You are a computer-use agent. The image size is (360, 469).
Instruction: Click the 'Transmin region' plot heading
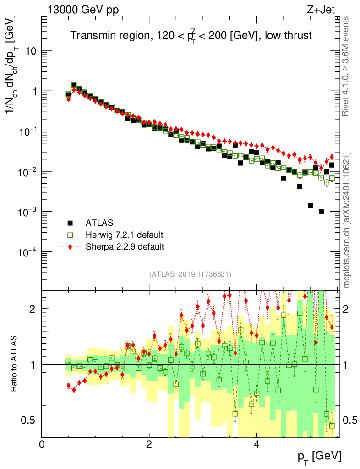pyautogui.click(x=191, y=36)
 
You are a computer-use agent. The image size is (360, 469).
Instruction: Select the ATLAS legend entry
pyautogui.click(x=97, y=224)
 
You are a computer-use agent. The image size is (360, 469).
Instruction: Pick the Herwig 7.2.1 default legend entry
pyautogui.click(x=124, y=235)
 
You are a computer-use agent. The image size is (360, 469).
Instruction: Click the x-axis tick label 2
pyautogui.click(x=149, y=445)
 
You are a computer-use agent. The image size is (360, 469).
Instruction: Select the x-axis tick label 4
pyautogui.click(x=256, y=445)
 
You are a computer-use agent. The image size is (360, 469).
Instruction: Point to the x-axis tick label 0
pyautogui.click(x=42, y=445)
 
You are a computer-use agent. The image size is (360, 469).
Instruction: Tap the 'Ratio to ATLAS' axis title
pyautogui.click(x=14, y=364)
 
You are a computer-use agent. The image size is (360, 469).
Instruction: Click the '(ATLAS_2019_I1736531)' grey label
pyautogui.click(x=190, y=274)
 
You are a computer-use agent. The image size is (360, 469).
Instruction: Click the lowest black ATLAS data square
pyautogui.click(x=321, y=211)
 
